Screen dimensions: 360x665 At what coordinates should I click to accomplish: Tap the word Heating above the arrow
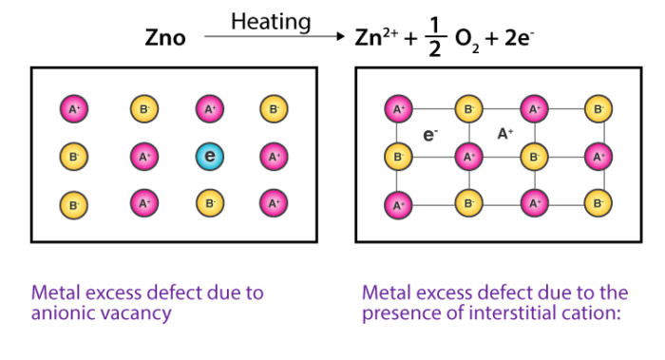[270, 19]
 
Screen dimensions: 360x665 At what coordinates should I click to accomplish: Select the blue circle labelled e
[210, 156]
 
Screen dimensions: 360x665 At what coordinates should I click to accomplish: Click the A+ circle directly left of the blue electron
[144, 156]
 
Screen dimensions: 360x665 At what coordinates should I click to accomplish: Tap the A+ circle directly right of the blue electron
[274, 156]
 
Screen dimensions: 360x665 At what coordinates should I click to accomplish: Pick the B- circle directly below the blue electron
[210, 202]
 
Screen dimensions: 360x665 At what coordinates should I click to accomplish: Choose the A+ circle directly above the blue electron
[210, 109]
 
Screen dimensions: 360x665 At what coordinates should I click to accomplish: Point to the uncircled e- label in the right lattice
[430, 134]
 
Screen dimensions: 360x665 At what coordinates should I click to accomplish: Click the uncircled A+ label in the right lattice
[504, 134]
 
